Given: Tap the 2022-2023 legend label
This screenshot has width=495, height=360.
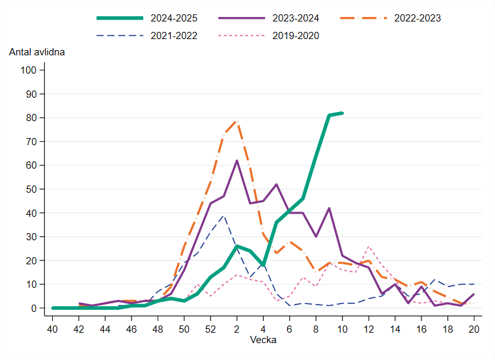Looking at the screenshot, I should click(x=417, y=18).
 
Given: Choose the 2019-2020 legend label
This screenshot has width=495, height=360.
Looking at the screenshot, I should click(x=296, y=36).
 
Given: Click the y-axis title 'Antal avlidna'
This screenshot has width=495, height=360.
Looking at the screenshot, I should click(x=36, y=51).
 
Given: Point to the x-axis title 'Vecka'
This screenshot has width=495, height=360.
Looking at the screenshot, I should click(x=263, y=340).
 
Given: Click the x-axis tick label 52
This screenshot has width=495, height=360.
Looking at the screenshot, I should click(x=210, y=329).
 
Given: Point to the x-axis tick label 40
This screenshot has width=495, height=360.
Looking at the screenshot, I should click(x=52, y=329).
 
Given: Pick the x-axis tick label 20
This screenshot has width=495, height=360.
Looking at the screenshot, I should click(x=474, y=329).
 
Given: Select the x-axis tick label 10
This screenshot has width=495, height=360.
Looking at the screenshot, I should click(x=343, y=329).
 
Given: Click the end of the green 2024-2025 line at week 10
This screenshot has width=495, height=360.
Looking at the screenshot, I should click(x=343, y=113).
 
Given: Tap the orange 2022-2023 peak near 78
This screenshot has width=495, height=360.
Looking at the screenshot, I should click(x=237, y=122).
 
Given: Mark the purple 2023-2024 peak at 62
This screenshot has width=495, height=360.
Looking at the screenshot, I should click(x=237, y=160).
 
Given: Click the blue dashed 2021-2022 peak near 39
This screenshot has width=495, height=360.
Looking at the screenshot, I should click(x=223, y=215).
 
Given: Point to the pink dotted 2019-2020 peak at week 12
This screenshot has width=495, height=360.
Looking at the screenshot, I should click(x=369, y=247).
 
